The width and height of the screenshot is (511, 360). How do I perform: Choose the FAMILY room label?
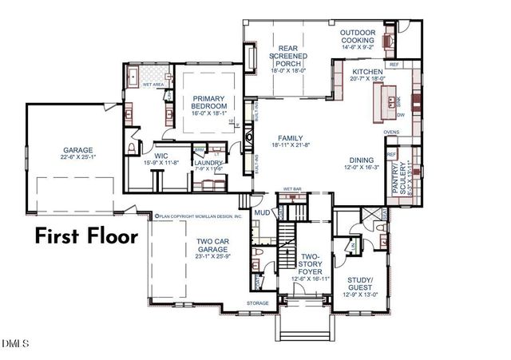(x=289, y=138)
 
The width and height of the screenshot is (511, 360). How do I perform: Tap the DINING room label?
(x=360, y=161)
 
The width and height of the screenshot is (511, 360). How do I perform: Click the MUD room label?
(x=261, y=213)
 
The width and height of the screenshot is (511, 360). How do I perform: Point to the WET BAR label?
(x=291, y=190)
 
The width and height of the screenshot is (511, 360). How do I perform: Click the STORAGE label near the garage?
(x=257, y=303)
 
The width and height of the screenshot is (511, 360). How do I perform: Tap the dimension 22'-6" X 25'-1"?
(x=78, y=157)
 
